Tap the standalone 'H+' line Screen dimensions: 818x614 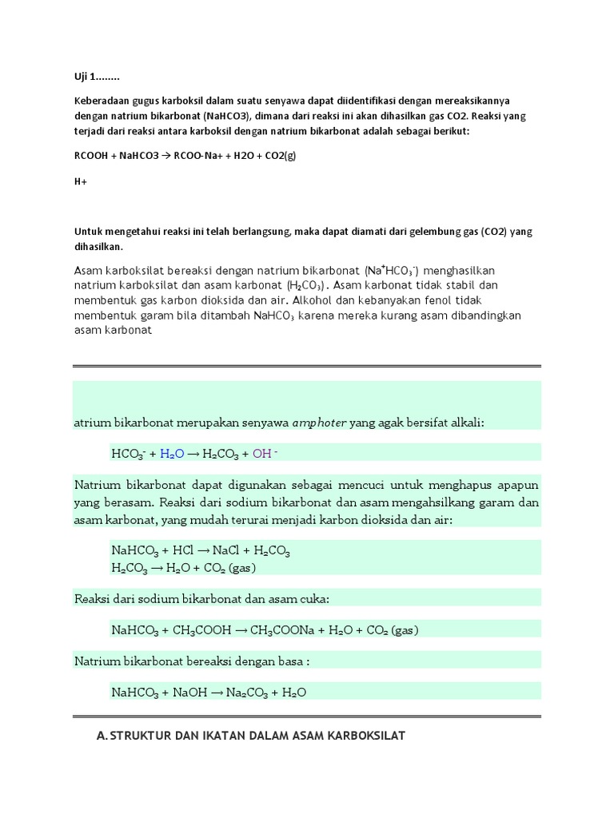[81, 181]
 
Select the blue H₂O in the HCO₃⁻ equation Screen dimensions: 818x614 [172, 454]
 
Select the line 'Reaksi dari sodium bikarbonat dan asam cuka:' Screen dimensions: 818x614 [202, 599]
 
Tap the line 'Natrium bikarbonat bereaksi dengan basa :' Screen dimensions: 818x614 [191, 661]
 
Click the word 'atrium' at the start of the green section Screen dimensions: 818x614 [90, 423]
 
